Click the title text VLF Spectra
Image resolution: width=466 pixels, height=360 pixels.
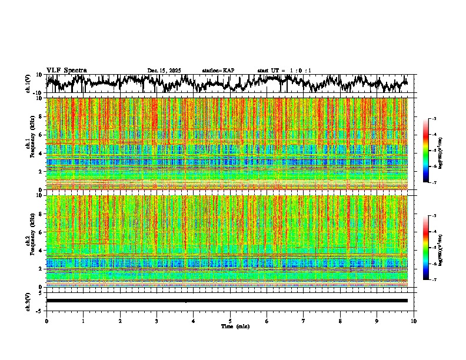click(x=66, y=71)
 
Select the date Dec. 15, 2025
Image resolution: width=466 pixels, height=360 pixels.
click(x=164, y=71)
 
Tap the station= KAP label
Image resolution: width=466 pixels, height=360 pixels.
click(x=218, y=71)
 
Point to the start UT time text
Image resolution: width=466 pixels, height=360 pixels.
click(x=284, y=71)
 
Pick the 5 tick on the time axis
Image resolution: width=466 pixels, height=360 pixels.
click(x=230, y=321)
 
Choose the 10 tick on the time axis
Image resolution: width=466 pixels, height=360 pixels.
click(x=414, y=321)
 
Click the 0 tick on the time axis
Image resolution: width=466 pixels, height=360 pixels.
click(x=46, y=321)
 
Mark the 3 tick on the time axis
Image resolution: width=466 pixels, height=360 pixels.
click(x=157, y=321)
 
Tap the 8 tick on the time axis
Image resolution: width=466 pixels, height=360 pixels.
click(x=340, y=321)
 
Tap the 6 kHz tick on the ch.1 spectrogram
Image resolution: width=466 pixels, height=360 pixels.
click(x=41, y=135)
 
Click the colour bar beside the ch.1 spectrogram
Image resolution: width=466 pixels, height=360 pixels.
click(x=426, y=151)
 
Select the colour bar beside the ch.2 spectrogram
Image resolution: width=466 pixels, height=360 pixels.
click(x=426, y=248)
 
